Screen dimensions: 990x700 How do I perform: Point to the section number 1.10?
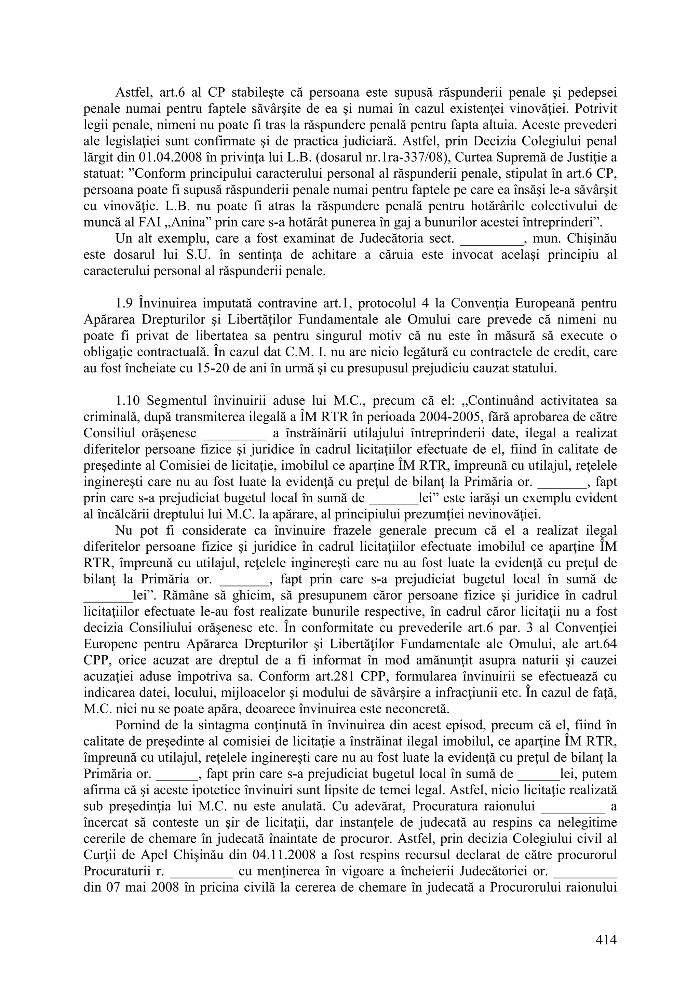tap(128, 401)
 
